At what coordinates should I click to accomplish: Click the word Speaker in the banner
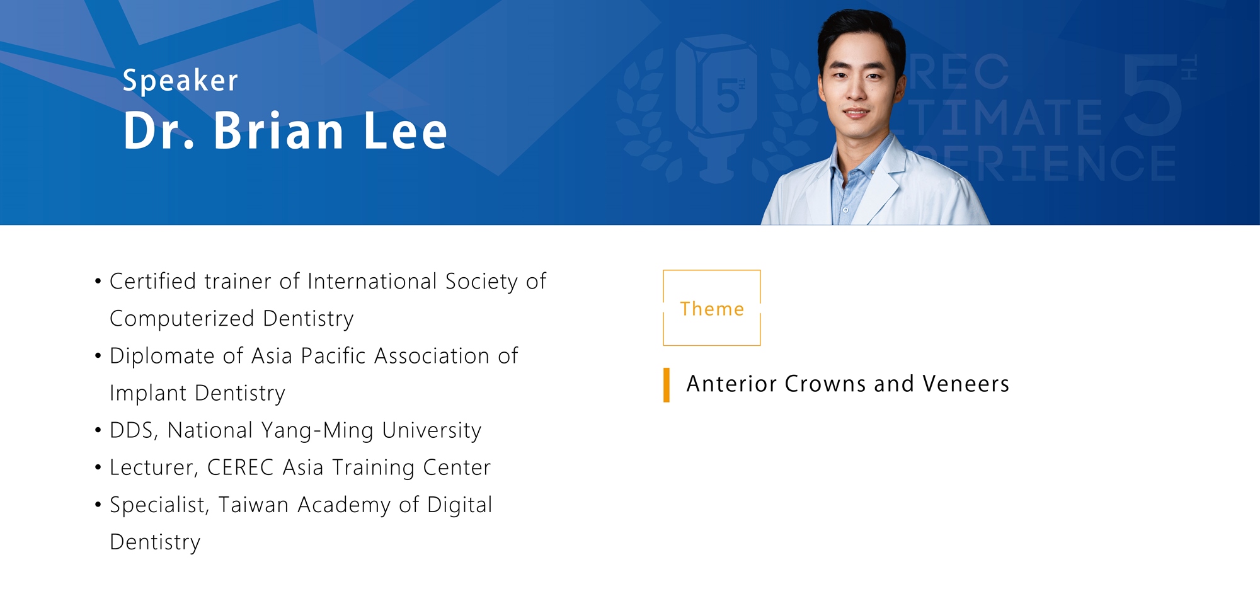point(180,81)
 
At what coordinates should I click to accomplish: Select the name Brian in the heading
point(278,130)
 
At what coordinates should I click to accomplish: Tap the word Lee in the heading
point(406,130)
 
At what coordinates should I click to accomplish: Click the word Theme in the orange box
point(712,309)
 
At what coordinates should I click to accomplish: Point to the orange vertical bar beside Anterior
point(667,385)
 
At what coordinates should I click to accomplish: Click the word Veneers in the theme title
point(966,384)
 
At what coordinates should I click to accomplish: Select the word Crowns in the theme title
point(825,384)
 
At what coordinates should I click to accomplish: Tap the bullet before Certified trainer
point(98,281)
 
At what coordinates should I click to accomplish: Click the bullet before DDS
point(98,430)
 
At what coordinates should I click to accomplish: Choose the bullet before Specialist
point(98,505)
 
